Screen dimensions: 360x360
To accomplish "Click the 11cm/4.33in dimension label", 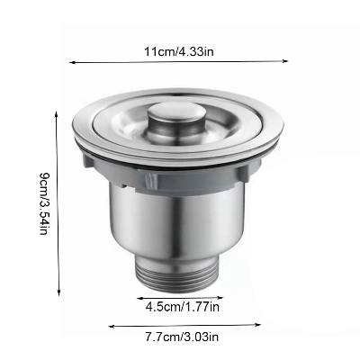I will click(x=181, y=50).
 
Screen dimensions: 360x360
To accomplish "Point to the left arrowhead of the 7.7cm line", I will click(x=110, y=327).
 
